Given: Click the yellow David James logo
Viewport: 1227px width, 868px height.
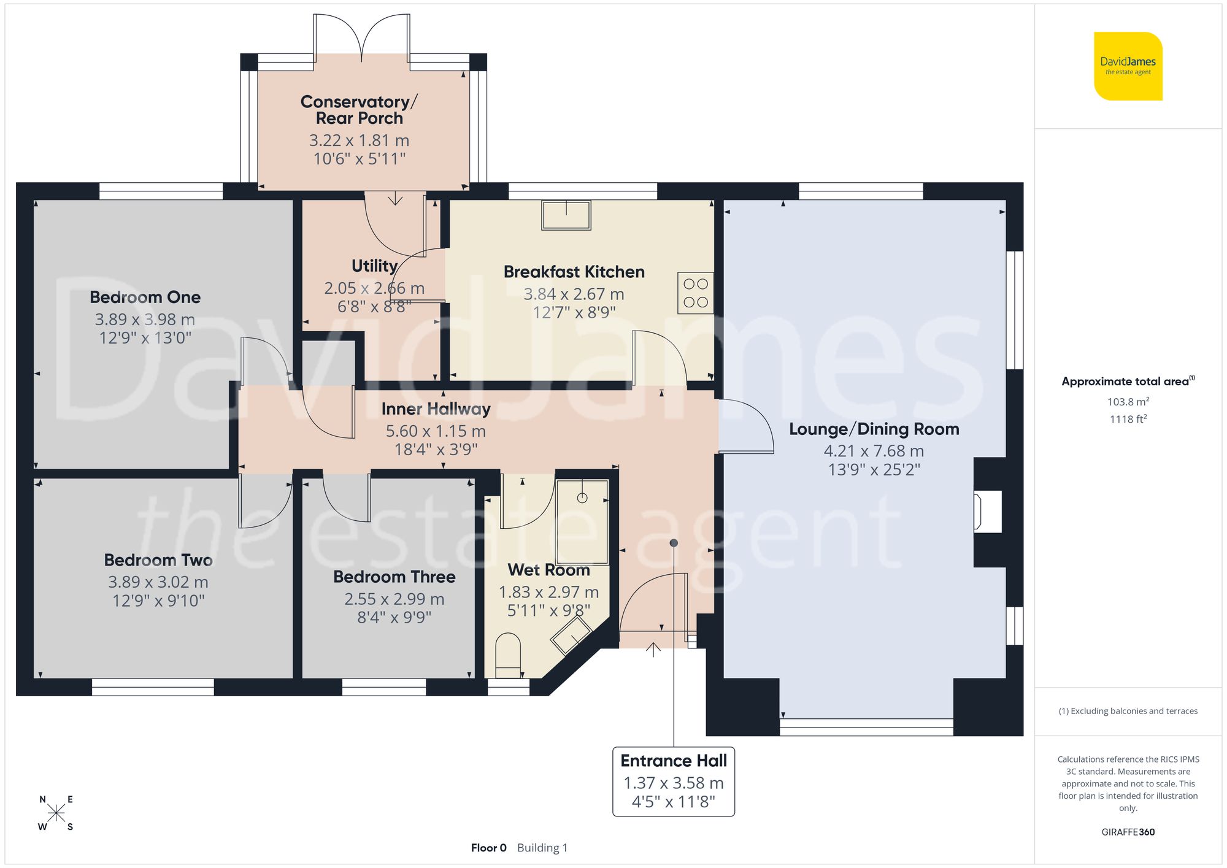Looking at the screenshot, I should tap(1128, 66).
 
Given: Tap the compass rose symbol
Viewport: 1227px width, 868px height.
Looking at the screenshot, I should tap(56, 813).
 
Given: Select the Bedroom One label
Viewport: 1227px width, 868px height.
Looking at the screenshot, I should tap(145, 298).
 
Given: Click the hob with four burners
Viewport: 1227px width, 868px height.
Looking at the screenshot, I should tap(696, 293).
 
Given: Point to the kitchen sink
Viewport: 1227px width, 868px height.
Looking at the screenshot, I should tap(566, 215).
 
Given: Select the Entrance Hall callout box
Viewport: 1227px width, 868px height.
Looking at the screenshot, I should tap(674, 781).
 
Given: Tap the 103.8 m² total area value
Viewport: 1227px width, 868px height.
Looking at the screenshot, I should tap(1128, 402).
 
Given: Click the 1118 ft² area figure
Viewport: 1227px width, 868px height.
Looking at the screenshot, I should tap(1128, 420).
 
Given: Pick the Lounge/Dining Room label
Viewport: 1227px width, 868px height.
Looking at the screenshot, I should tap(874, 429).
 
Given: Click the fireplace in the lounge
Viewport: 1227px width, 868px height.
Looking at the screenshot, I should tap(987, 511).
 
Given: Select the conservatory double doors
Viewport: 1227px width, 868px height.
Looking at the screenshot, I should tap(362, 37).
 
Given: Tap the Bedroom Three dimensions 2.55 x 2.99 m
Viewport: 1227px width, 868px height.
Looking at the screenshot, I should tap(394, 599).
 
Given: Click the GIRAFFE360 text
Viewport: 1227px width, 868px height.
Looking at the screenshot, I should tap(1128, 832).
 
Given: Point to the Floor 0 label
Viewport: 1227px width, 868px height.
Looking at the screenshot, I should tap(488, 848).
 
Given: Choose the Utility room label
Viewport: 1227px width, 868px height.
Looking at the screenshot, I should tap(374, 266).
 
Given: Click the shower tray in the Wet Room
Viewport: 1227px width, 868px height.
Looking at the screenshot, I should tap(582, 522).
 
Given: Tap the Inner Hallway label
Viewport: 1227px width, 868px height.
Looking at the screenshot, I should tap(436, 409).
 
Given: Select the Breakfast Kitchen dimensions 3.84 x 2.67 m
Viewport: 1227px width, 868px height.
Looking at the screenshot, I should tap(574, 294).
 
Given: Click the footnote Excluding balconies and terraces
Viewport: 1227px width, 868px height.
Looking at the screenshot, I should tap(1128, 711).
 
